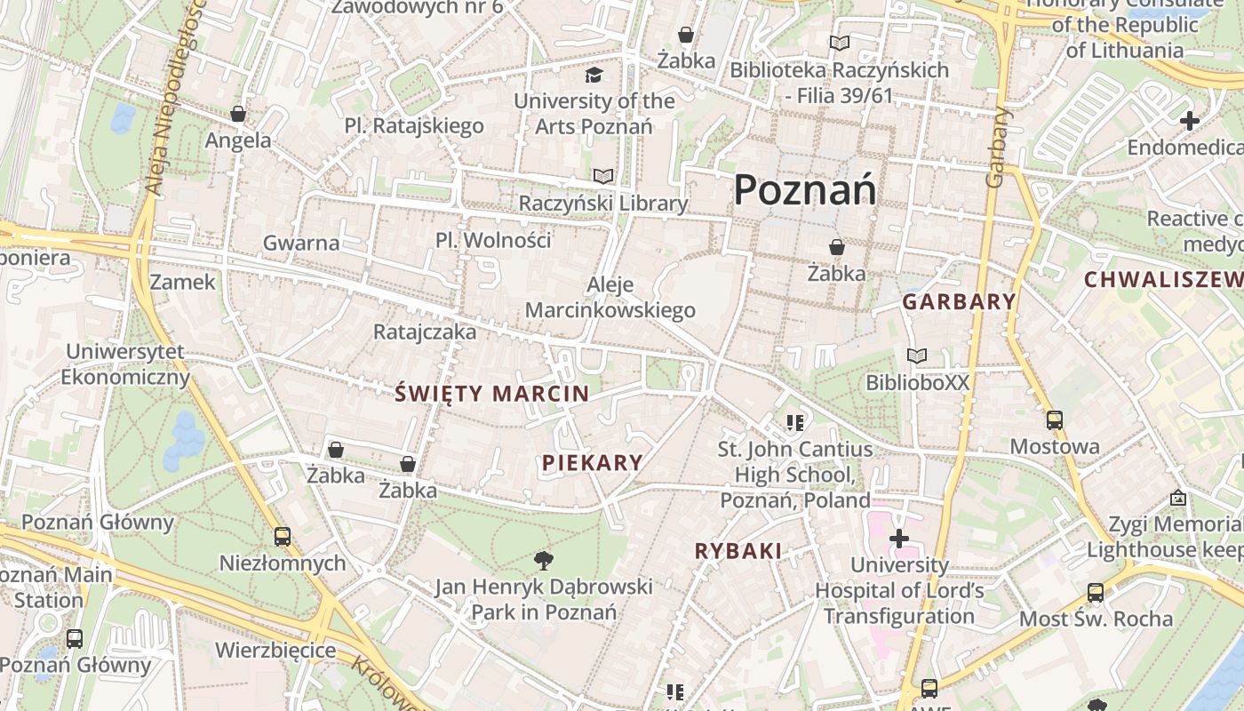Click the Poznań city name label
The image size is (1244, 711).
point(804,189)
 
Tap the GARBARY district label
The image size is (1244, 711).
point(959,301)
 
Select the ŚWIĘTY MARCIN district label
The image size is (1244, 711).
point(491,393)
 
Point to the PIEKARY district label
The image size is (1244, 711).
point(592,462)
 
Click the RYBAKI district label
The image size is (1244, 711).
point(738,551)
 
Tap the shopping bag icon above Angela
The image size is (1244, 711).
point(238,114)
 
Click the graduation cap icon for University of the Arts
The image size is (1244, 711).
point(594,75)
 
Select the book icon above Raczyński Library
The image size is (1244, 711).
point(603,176)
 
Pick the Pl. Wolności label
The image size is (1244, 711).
point(493,240)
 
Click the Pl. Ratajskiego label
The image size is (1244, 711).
point(414,125)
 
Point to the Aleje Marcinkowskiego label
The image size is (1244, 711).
point(610,297)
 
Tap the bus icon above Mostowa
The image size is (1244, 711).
point(1055,420)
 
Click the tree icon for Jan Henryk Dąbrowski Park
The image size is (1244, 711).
point(543,560)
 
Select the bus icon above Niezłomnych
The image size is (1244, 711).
point(283,537)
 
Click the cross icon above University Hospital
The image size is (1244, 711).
point(899,539)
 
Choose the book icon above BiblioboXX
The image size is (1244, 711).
point(917,356)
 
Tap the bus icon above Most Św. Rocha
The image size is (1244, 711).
point(1096,592)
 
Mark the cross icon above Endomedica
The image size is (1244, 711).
point(1190,120)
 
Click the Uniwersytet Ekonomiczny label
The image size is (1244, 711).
point(125,363)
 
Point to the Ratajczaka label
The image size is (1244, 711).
point(425,332)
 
